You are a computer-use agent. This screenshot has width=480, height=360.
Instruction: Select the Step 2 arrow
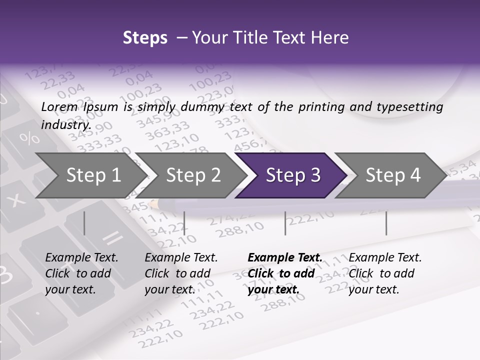[192, 175]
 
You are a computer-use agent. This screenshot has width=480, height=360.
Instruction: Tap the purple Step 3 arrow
[292, 175]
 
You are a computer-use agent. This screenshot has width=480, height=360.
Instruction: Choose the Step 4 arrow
[392, 175]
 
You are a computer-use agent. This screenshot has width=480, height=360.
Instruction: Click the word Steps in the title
[145, 38]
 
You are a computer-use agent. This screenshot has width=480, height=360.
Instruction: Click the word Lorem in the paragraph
[59, 106]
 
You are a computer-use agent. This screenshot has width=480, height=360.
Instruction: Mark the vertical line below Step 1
[84, 223]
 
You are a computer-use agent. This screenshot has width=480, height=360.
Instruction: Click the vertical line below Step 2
[184, 223]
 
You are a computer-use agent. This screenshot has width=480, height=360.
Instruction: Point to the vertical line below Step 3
[285, 223]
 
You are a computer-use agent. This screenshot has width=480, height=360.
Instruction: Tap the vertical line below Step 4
[386, 223]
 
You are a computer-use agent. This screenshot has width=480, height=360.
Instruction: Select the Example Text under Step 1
[81, 257]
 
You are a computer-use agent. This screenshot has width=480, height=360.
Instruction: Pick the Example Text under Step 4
[385, 257]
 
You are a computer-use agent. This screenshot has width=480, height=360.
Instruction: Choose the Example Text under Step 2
[181, 257]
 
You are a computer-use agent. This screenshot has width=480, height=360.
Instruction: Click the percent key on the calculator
[31, 137]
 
